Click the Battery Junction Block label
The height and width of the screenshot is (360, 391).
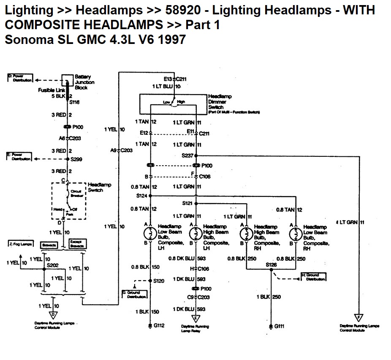[x=84, y=82]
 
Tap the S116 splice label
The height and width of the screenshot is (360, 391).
[x=74, y=102]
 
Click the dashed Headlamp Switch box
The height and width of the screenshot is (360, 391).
[x=68, y=201]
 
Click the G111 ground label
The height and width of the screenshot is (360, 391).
[x=279, y=326]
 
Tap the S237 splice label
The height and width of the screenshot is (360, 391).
[x=187, y=155]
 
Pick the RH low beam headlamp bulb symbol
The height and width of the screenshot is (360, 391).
[x=296, y=233]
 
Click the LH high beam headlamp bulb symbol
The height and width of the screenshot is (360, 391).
[x=195, y=233]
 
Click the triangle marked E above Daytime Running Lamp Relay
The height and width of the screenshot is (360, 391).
[x=196, y=318]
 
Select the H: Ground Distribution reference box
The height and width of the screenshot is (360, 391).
[x=313, y=277]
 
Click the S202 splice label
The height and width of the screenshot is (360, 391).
[x=52, y=265]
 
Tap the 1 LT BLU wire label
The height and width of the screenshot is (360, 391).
[x=163, y=86]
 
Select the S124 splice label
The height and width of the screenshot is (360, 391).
[x=142, y=196]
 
